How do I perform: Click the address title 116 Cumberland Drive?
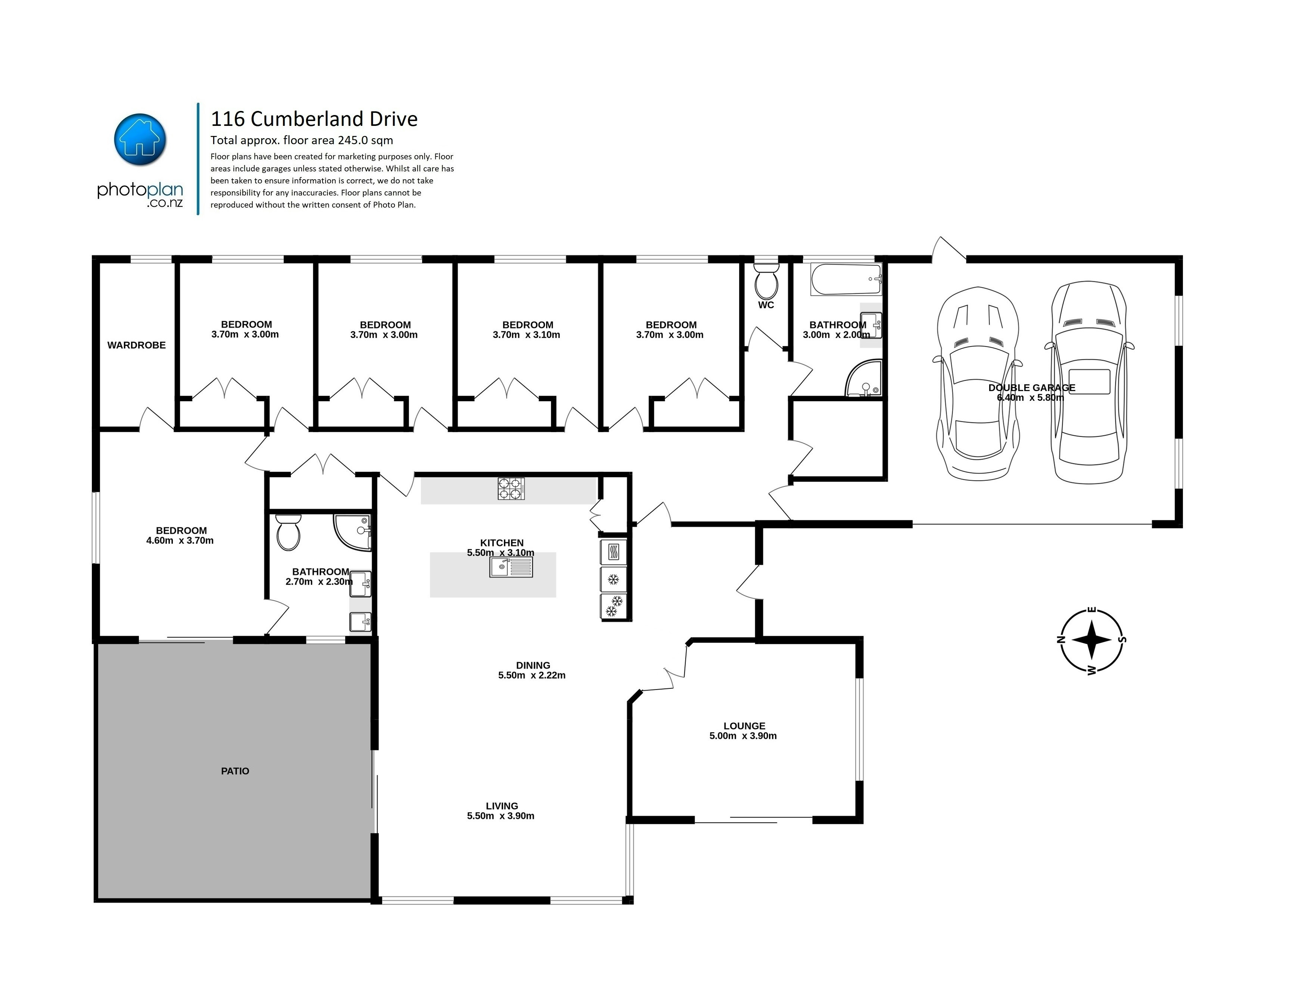314,119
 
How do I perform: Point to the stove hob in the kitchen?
511,488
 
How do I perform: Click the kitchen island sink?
511,567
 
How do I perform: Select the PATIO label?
235,771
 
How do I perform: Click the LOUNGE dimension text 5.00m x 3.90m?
742,736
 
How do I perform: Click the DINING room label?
533,665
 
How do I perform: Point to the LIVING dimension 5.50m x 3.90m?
501,816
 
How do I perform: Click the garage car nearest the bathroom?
978,382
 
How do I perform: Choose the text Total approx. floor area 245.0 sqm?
302,140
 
